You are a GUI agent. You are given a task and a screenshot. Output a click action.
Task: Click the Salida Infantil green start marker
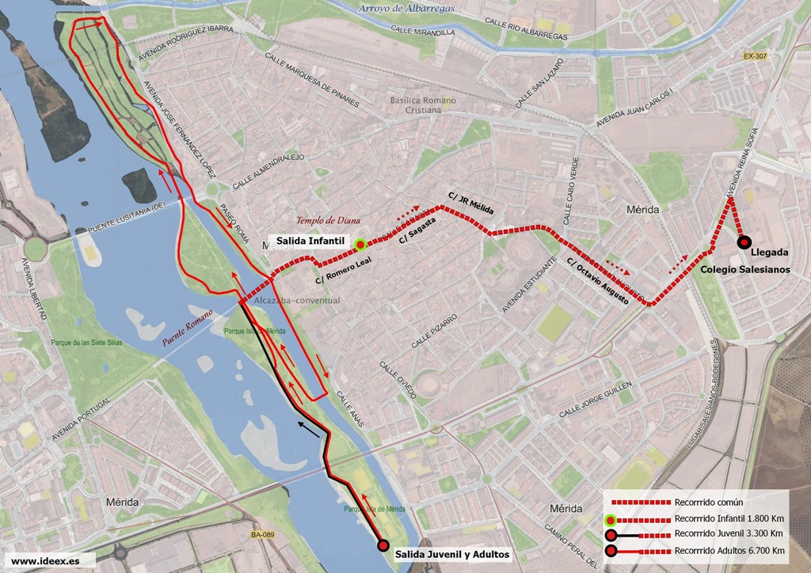360,245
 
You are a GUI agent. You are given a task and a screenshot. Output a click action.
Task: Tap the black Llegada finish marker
743,242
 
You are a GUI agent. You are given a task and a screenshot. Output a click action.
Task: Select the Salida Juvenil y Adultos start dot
383,545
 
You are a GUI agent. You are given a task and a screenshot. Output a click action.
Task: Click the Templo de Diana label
324,221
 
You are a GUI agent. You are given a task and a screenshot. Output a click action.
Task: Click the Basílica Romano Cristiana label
423,105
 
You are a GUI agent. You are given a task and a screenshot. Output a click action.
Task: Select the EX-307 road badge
756,56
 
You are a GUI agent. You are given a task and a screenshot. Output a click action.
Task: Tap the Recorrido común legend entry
708,502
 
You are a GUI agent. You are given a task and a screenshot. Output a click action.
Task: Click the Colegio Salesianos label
744,269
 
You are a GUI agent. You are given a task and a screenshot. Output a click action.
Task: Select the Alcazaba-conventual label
297,301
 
